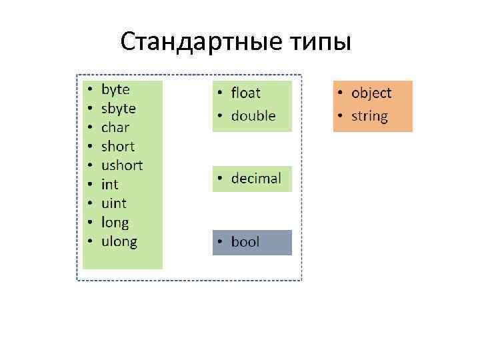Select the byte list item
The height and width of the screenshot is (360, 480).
(x=115, y=89)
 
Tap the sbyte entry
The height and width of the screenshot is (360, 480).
(x=118, y=108)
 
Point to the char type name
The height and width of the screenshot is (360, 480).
(x=115, y=127)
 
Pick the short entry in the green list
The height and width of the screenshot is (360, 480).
(x=117, y=146)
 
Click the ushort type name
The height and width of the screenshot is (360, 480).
(x=121, y=165)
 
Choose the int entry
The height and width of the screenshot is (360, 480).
(x=109, y=184)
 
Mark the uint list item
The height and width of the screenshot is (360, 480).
(x=113, y=203)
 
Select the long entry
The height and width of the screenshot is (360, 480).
(x=115, y=223)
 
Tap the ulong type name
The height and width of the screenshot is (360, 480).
(x=119, y=241)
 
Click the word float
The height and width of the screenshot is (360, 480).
(x=245, y=93)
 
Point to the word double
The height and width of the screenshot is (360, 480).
(x=253, y=116)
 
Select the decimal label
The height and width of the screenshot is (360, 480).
(x=256, y=179)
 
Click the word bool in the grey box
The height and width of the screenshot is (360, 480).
(x=245, y=242)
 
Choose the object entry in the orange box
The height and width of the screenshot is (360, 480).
(x=371, y=93)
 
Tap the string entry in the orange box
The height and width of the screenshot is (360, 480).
(x=369, y=117)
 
